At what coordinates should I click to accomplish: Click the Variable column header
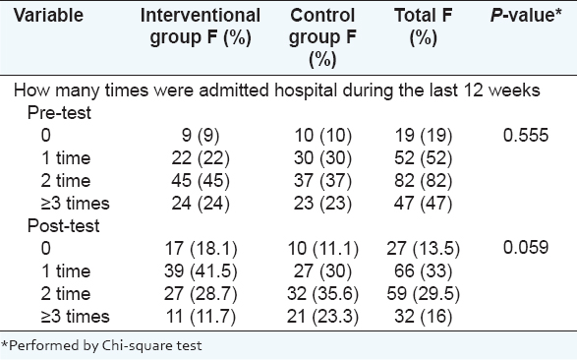[48, 16]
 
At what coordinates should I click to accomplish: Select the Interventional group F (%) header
[201, 27]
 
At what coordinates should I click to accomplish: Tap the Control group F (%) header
[322, 37]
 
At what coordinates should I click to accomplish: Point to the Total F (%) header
[424, 27]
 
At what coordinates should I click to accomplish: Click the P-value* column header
[526, 16]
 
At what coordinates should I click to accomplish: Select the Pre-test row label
[59, 113]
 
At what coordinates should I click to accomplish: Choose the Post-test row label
[63, 225]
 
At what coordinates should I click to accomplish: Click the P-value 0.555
[526, 135]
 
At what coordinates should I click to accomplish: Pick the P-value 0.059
[526, 247]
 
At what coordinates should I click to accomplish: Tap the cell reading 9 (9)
[201, 136]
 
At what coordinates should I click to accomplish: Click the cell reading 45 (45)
[201, 181]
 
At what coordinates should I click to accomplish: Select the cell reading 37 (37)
[322, 181]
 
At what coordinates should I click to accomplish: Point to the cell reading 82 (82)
[424, 181]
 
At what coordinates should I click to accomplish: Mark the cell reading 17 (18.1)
[201, 249]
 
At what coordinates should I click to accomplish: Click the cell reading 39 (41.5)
[201, 271]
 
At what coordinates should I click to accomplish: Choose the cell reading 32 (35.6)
[322, 294]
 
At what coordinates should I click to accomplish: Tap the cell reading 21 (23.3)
[322, 317]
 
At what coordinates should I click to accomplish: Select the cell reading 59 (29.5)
[424, 294]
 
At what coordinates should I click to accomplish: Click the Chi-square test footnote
[101, 345]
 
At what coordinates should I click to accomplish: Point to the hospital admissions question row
[277, 90]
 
